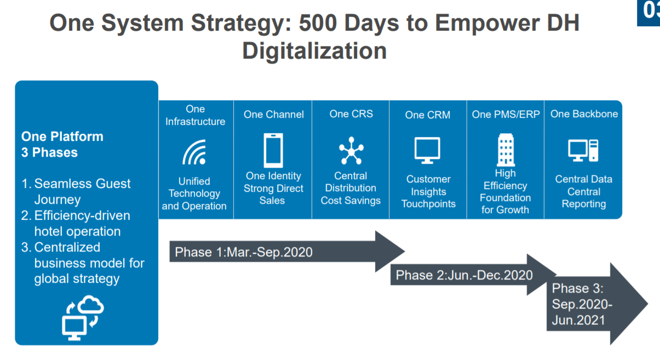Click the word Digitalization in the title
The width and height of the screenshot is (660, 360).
[314, 51]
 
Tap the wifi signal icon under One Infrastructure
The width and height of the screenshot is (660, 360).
[194, 152]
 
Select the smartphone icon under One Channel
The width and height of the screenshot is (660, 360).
[273, 150]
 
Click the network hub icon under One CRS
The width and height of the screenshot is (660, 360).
[351, 150]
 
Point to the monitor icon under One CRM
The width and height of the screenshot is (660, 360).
[427, 150]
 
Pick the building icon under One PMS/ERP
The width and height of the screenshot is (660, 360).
[506, 150]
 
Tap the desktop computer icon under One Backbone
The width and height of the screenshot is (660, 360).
[583, 150]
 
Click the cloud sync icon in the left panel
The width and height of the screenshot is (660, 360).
[83, 318]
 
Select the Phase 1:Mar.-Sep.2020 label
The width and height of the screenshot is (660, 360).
[243, 252]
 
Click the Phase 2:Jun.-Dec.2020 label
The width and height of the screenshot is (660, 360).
[464, 275]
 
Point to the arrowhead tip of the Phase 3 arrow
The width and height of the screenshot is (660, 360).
[647, 304]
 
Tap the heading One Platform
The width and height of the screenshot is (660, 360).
[62, 136]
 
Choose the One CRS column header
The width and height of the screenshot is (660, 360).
[351, 114]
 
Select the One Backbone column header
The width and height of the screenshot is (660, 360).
[584, 114]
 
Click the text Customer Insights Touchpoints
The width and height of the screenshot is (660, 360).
[428, 191]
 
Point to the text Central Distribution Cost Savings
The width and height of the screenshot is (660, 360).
[351, 188]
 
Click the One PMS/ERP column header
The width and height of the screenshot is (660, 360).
[506, 114]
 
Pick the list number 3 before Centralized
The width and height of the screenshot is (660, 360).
[25, 247]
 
